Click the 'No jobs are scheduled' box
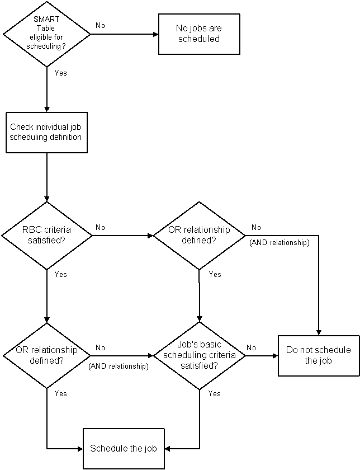point(199,34)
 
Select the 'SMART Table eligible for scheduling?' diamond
point(46,34)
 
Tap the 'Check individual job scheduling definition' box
point(46,133)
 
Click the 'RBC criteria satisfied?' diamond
point(47,236)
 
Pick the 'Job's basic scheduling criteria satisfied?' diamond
point(199,356)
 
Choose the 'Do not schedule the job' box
point(319,355)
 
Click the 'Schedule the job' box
point(124,448)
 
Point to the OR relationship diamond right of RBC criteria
point(199,236)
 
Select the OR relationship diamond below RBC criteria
point(47,356)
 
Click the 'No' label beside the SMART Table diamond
point(100,26)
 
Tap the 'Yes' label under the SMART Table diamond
point(61,73)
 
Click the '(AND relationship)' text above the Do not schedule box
point(280,242)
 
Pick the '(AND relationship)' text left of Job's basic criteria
point(119,366)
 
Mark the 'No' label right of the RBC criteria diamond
point(100,228)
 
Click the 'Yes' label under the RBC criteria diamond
point(61,274)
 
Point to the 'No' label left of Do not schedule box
point(252,347)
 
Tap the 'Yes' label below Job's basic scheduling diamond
point(215,393)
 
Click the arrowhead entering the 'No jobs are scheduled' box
point(156,34)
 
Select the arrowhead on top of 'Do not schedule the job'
point(319,332)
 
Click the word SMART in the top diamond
point(46,19)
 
